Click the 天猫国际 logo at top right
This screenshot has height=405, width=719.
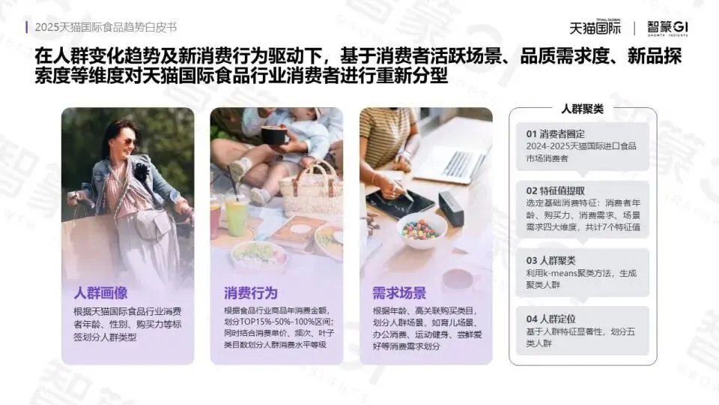(x=595, y=27)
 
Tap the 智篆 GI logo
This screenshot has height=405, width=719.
(x=667, y=28)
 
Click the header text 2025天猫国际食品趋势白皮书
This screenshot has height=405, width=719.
(x=106, y=28)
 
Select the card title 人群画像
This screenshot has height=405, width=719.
(x=101, y=293)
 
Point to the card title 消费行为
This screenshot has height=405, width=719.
(x=251, y=293)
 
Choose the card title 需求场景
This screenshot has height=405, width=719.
(x=399, y=293)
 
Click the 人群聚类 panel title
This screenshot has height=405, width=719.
(x=583, y=109)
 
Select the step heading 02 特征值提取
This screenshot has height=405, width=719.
(x=555, y=190)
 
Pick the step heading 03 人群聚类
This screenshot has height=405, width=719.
(x=550, y=260)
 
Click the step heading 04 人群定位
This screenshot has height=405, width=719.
(x=550, y=319)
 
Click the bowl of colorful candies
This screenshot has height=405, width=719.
(x=422, y=230)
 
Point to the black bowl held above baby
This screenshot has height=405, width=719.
(x=274, y=135)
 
